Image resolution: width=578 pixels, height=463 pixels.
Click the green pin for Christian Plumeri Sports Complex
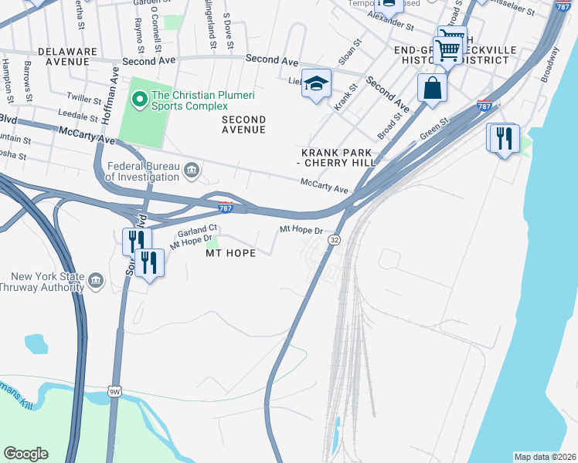(x=139, y=98)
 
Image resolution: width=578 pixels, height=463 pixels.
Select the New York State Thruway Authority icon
(x=96, y=279)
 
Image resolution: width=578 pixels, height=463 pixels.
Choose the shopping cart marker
(x=448, y=51)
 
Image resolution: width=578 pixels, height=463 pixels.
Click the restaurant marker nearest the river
(x=503, y=139)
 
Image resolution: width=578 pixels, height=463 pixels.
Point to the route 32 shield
(x=334, y=241)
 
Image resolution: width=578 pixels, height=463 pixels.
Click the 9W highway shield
(x=114, y=392)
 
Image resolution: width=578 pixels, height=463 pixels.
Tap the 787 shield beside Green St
(x=484, y=106)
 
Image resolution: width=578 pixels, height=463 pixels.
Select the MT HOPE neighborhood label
(x=229, y=253)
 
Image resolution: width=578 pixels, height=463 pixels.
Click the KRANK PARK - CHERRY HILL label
(x=337, y=157)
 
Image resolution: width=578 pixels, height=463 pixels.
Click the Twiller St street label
(x=84, y=100)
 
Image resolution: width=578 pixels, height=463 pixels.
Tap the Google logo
(x=25, y=454)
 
